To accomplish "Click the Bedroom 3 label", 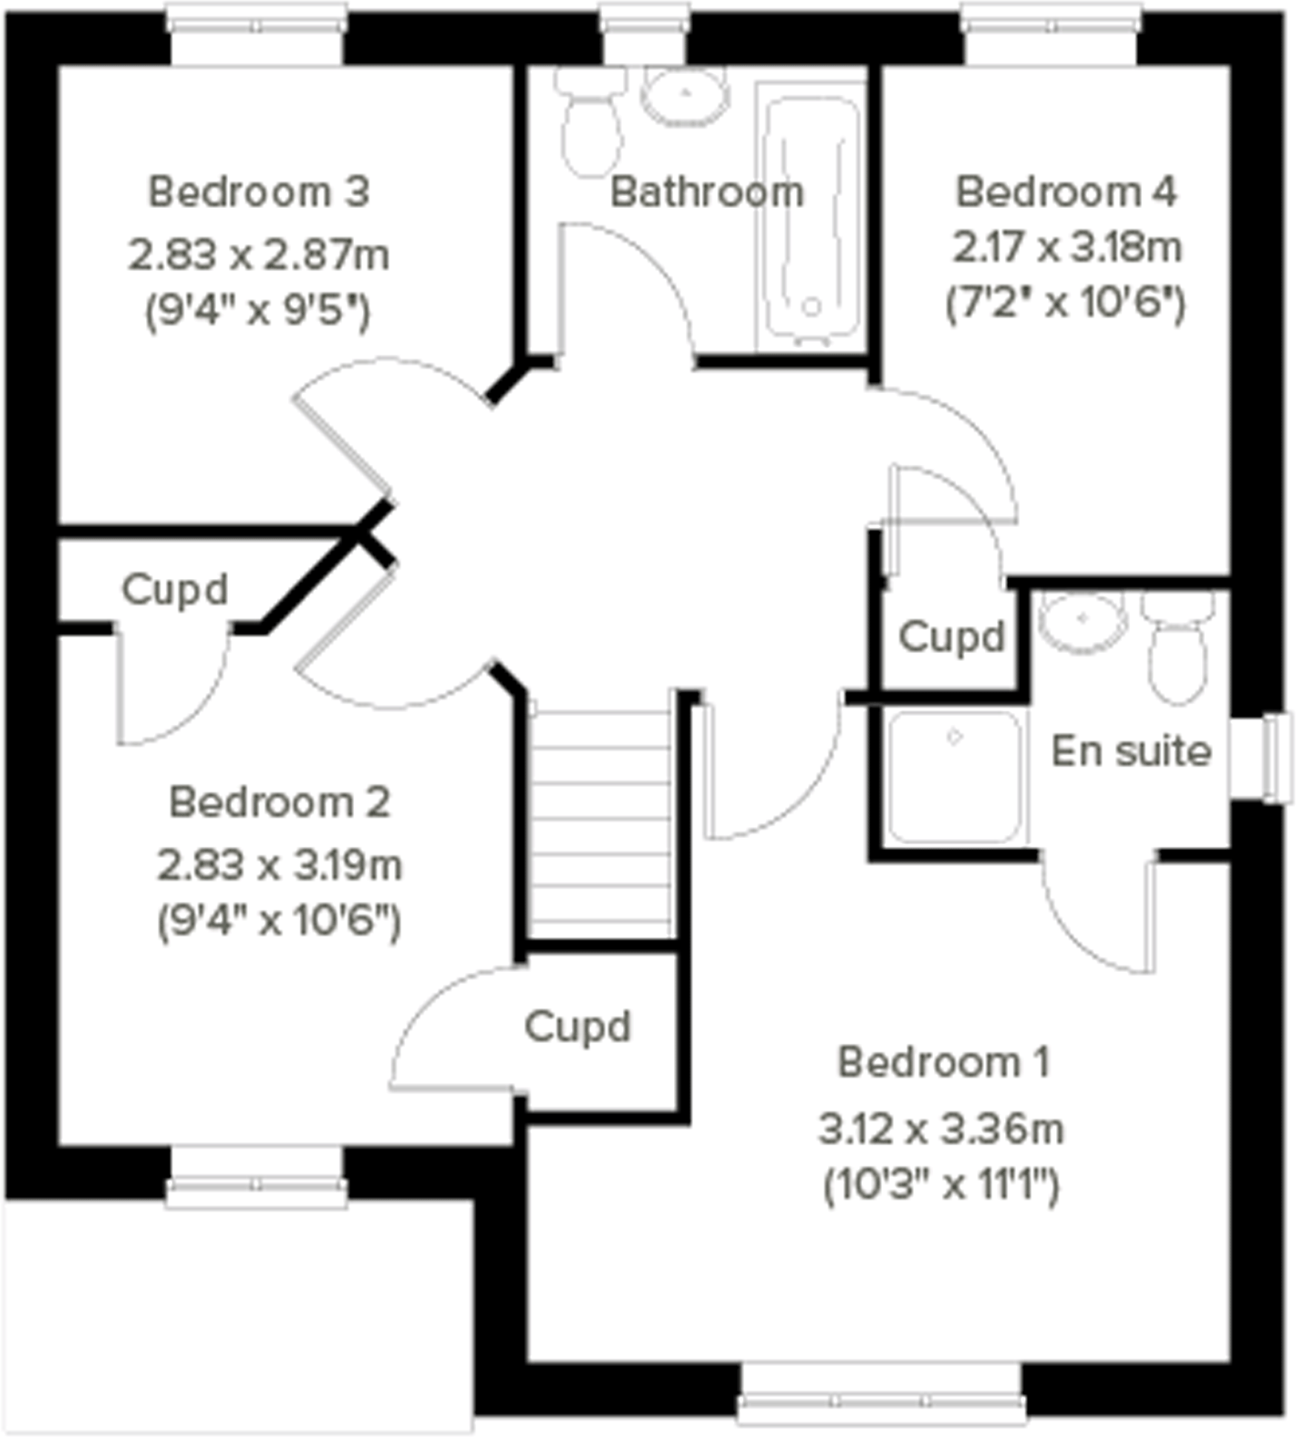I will coord(258,192).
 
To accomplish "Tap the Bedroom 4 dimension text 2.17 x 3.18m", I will coord(1066,248).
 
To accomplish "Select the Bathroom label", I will coord(707,192).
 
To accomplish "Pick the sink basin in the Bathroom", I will coord(686,95).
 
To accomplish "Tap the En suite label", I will coord(1132,751).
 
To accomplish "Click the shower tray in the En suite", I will coord(955,777).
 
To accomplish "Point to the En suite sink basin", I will coord(1082,620).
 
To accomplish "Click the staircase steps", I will coord(601,822).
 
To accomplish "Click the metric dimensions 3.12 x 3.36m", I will coord(941,1130).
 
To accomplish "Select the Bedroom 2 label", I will coord(279,802).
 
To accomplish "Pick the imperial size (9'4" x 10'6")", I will coord(279,922).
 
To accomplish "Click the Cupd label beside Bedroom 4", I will coord(952,637).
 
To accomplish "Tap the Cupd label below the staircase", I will coord(578,1027).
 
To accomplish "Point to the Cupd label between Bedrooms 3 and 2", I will coord(174,590).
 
